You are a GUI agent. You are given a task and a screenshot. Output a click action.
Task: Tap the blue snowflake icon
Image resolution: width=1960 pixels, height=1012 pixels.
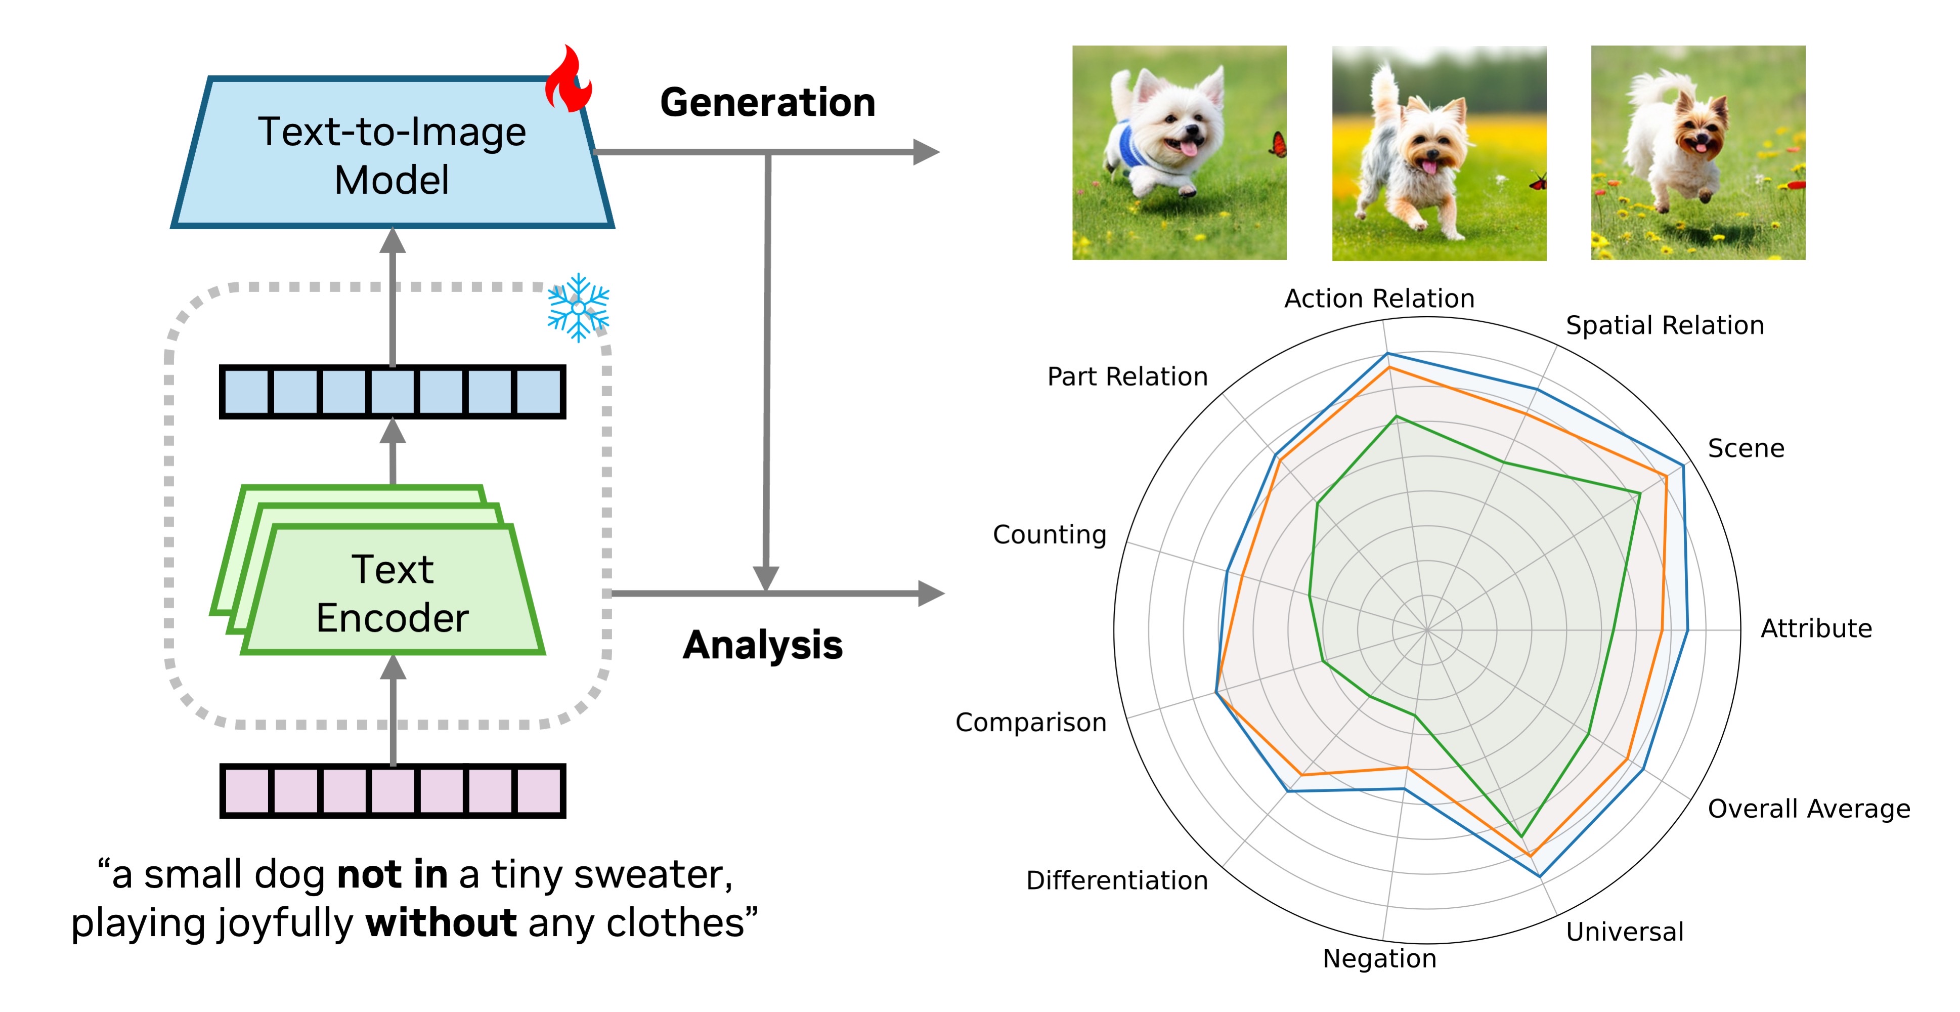(578, 308)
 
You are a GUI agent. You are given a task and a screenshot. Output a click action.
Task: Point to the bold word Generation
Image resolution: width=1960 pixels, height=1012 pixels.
(767, 103)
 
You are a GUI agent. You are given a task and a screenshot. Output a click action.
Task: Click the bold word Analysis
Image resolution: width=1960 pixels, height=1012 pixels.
(762, 645)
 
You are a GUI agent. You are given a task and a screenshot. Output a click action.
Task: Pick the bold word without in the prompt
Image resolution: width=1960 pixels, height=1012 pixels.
(441, 923)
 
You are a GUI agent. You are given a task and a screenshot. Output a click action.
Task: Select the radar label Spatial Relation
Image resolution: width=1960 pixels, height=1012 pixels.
(1664, 326)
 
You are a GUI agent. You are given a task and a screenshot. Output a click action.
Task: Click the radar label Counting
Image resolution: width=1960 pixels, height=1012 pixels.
(1049, 535)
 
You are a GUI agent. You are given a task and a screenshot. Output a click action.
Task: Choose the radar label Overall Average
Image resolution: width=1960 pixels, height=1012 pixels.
(1809, 809)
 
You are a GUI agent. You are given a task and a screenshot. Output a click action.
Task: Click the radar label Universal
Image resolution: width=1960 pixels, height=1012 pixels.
(1625, 932)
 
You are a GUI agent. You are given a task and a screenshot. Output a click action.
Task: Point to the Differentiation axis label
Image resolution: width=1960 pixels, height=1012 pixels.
(1116, 880)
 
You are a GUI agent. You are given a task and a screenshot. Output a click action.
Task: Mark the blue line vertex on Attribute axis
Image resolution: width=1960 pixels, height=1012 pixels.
(1687, 630)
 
